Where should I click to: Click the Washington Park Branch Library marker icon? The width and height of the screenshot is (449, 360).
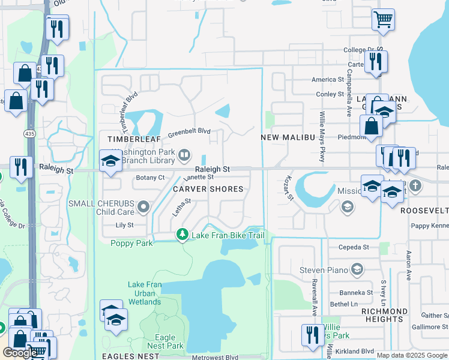(x=184, y=156)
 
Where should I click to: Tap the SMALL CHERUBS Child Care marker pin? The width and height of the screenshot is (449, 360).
(x=143, y=208)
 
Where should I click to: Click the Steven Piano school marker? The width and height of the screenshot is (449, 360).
(x=357, y=268)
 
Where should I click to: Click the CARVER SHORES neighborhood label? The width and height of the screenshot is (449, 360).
(x=208, y=189)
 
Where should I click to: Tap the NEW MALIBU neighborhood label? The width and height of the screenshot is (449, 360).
(x=288, y=137)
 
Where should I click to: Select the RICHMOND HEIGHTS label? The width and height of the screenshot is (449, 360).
(x=384, y=315)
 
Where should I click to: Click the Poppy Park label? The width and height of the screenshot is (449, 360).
(x=132, y=243)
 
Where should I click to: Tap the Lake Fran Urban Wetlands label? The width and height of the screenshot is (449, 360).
(x=145, y=293)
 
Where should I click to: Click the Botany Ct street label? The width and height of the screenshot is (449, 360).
(x=150, y=178)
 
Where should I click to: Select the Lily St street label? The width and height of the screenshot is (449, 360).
(x=125, y=225)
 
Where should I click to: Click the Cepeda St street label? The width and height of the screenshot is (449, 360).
(x=353, y=247)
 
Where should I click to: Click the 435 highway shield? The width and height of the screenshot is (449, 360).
(x=29, y=132)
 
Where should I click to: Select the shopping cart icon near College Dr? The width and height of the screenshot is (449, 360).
(x=382, y=19)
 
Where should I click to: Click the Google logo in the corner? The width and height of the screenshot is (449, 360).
(x=20, y=352)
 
